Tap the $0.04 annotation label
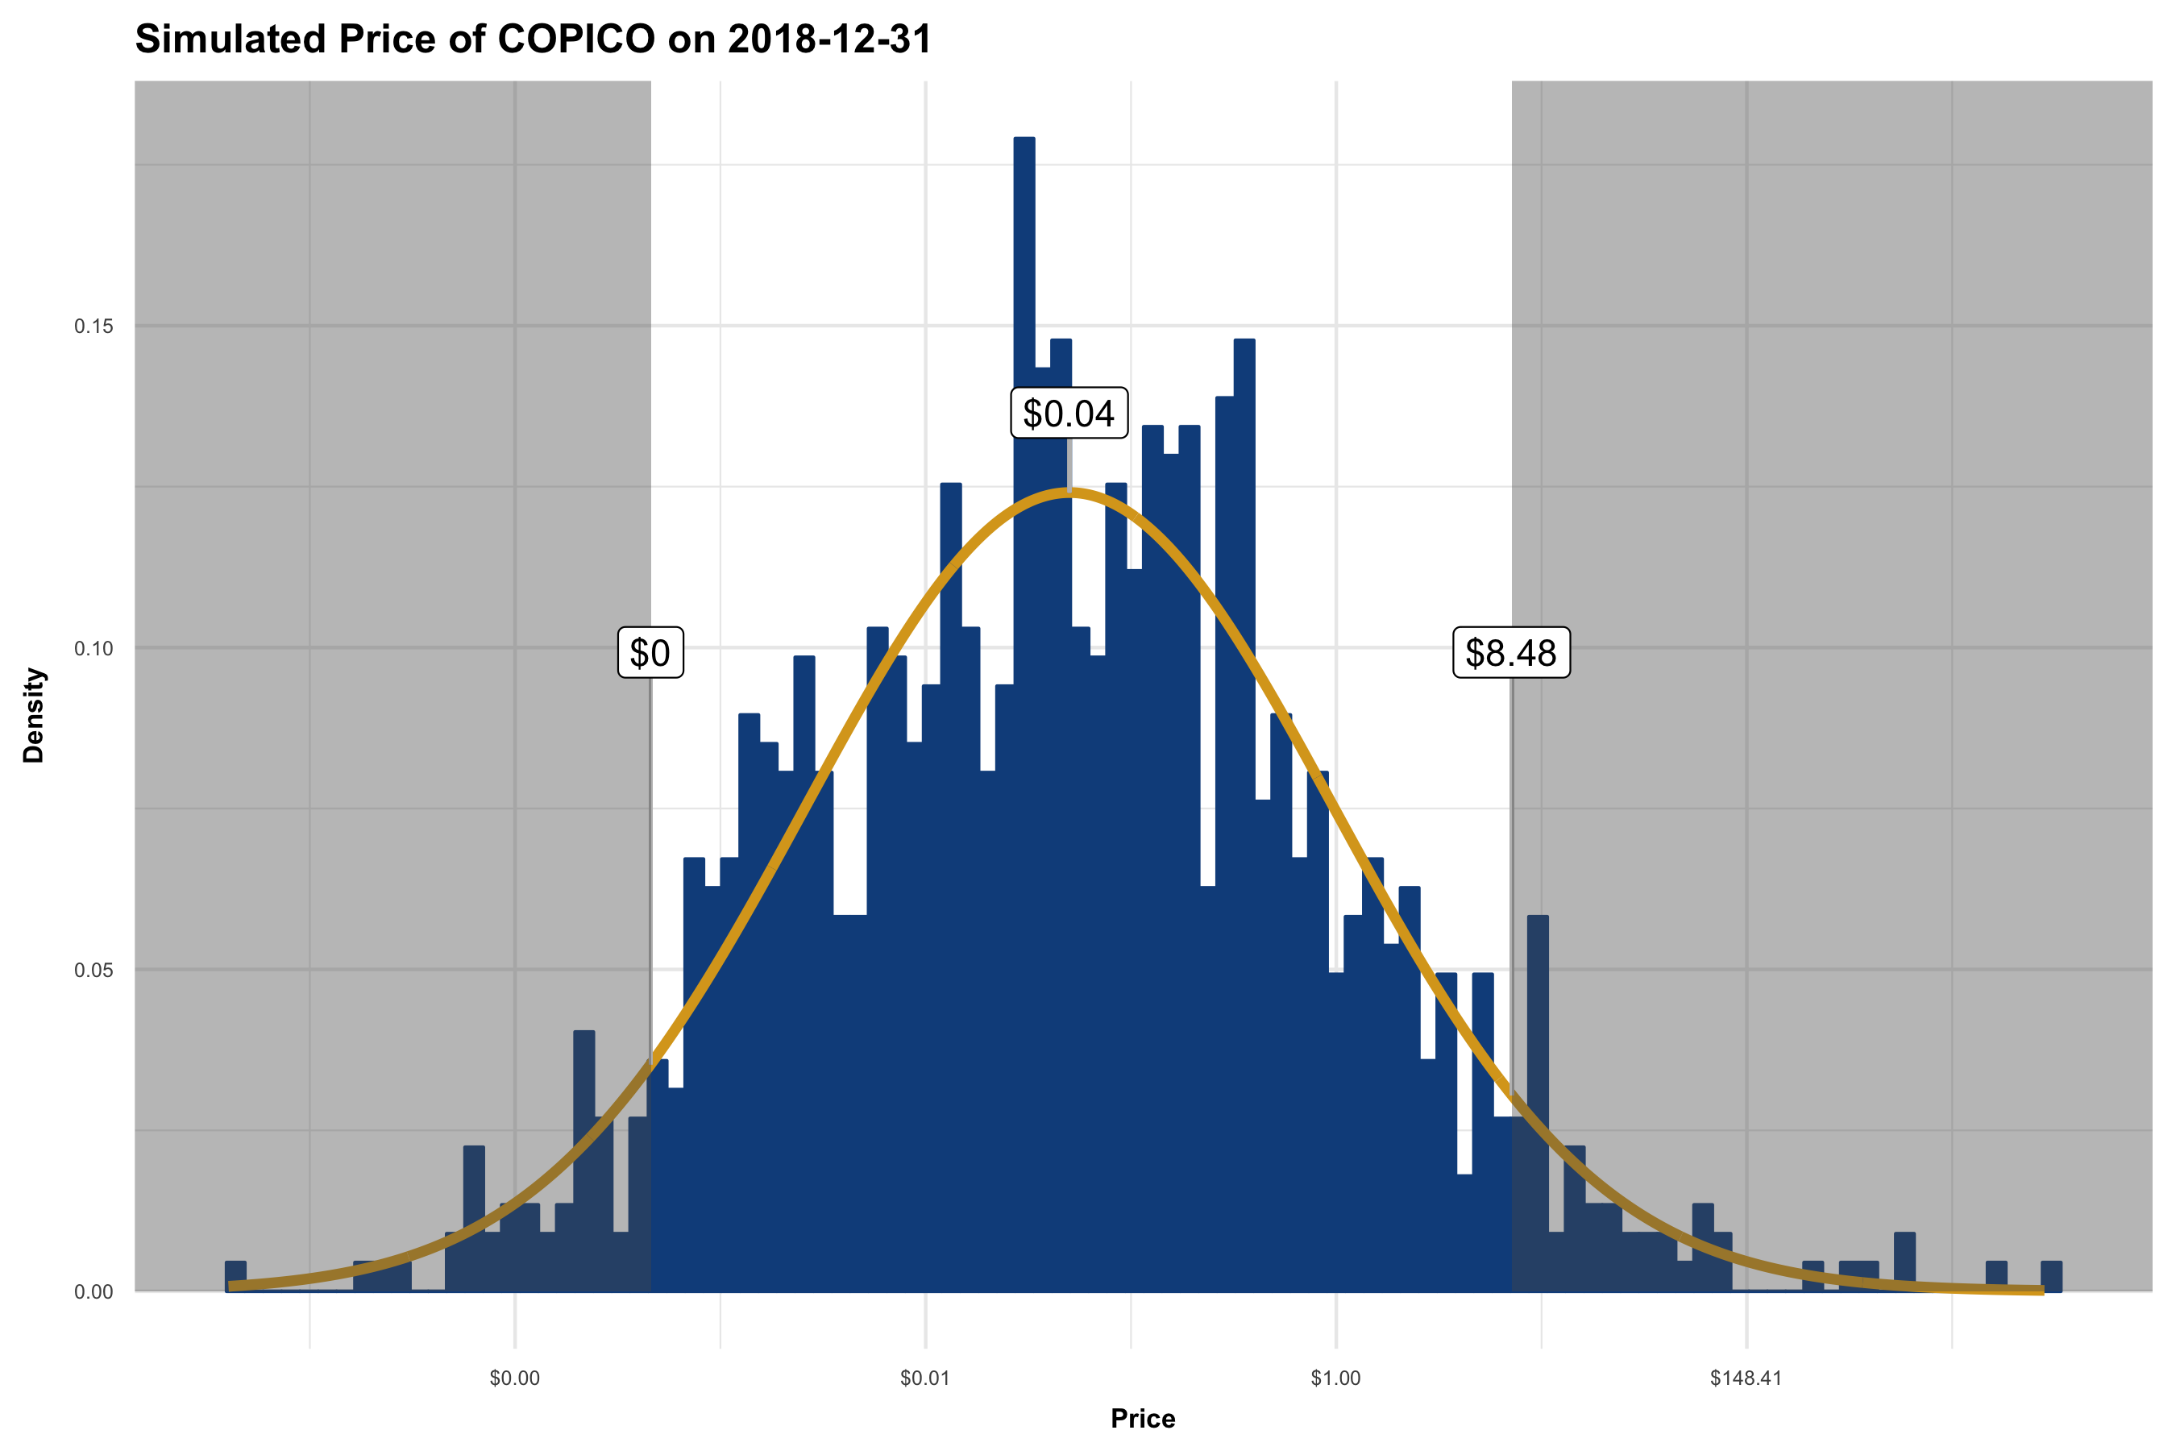tap(1069, 414)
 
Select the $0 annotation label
tap(650, 653)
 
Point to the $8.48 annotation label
tap(1511, 653)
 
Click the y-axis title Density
tap(33, 714)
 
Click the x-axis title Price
tap(1143, 1419)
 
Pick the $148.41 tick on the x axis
tap(1746, 1378)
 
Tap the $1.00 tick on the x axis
tap(1335, 1378)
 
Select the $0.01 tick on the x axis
tap(925, 1378)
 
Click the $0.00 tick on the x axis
tap(514, 1378)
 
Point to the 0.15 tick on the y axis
tap(93, 326)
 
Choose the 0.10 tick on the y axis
tap(93, 649)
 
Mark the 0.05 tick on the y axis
tap(93, 971)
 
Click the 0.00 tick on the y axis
tap(93, 1292)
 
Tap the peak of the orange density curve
tap(1069, 494)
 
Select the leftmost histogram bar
tap(236, 1277)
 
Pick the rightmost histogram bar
tap(2051, 1277)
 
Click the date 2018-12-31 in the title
tap(829, 39)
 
